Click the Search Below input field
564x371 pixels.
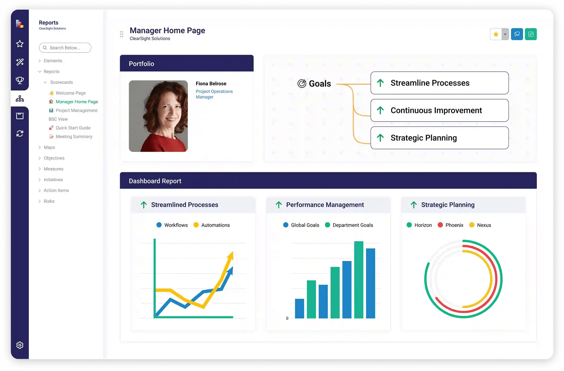point(65,48)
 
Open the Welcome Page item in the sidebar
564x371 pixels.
point(70,93)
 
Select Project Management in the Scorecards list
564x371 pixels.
point(76,110)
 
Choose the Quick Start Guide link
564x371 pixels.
point(73,128)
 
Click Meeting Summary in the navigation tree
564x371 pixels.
point(74,137)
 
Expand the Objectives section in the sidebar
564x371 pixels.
point(54,158)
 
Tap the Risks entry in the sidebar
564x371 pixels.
point(49,201)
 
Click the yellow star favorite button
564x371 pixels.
point(496,34)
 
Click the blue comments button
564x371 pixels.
point(517,34)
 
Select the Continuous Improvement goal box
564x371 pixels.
point(439,110)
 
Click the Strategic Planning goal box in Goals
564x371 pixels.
point(439,138)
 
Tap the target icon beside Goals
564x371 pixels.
point(302,84)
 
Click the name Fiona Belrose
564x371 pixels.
point(211,84)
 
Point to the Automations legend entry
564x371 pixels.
point(215,225)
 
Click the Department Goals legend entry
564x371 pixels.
point(353,225)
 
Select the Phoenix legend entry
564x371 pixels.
point(454,225)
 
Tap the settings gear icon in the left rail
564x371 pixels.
point(20,345)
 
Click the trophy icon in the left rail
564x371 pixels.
point(20,80)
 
